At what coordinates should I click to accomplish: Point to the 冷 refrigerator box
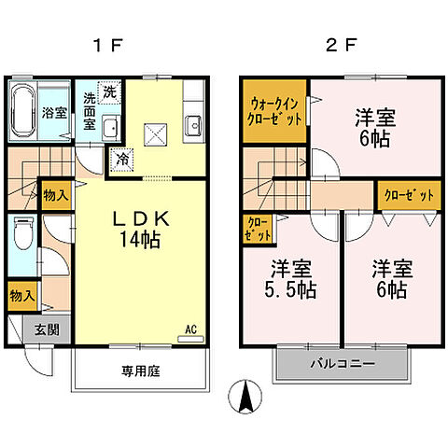click(x=123, y=160)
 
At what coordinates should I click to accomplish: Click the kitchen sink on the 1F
click(x=194, y=124)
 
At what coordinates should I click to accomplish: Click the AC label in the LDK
click(x=190, y=329)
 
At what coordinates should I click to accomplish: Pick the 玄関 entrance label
click(x=48, y=329)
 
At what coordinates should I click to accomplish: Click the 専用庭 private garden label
click(x=140, y=371)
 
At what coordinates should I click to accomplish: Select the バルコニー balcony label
click(x=343, y=363)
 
